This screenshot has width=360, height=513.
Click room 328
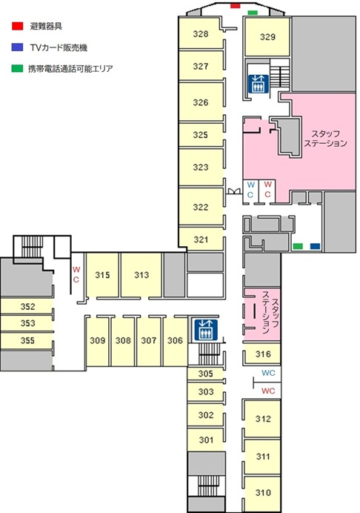coord(201,33)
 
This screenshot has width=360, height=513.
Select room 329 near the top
coord(267,36)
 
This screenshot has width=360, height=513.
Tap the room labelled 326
coord(201,102)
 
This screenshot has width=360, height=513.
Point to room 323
coord(201,168)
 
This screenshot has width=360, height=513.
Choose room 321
coord(201,239)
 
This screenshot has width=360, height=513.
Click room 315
coord(102,275)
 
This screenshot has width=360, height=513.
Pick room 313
coord(141,275)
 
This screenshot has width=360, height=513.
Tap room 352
coord(27,306)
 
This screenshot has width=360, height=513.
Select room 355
coord(27,340)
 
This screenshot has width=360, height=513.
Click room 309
coord(98,340)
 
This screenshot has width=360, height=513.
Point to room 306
coord(175,340)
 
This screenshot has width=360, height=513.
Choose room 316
coord(262,354)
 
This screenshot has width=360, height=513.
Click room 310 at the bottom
coord(262,492)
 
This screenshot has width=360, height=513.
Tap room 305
coord(205,374)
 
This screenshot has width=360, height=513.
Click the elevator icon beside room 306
coord(205,329)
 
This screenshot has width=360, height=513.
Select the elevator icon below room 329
coord(259,84)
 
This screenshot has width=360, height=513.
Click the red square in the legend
coord(17,26)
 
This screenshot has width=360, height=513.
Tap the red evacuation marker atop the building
coord(235,6)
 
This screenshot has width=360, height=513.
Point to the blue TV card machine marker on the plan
coord(315,246)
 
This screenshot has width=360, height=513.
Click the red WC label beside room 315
coord(76,274)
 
